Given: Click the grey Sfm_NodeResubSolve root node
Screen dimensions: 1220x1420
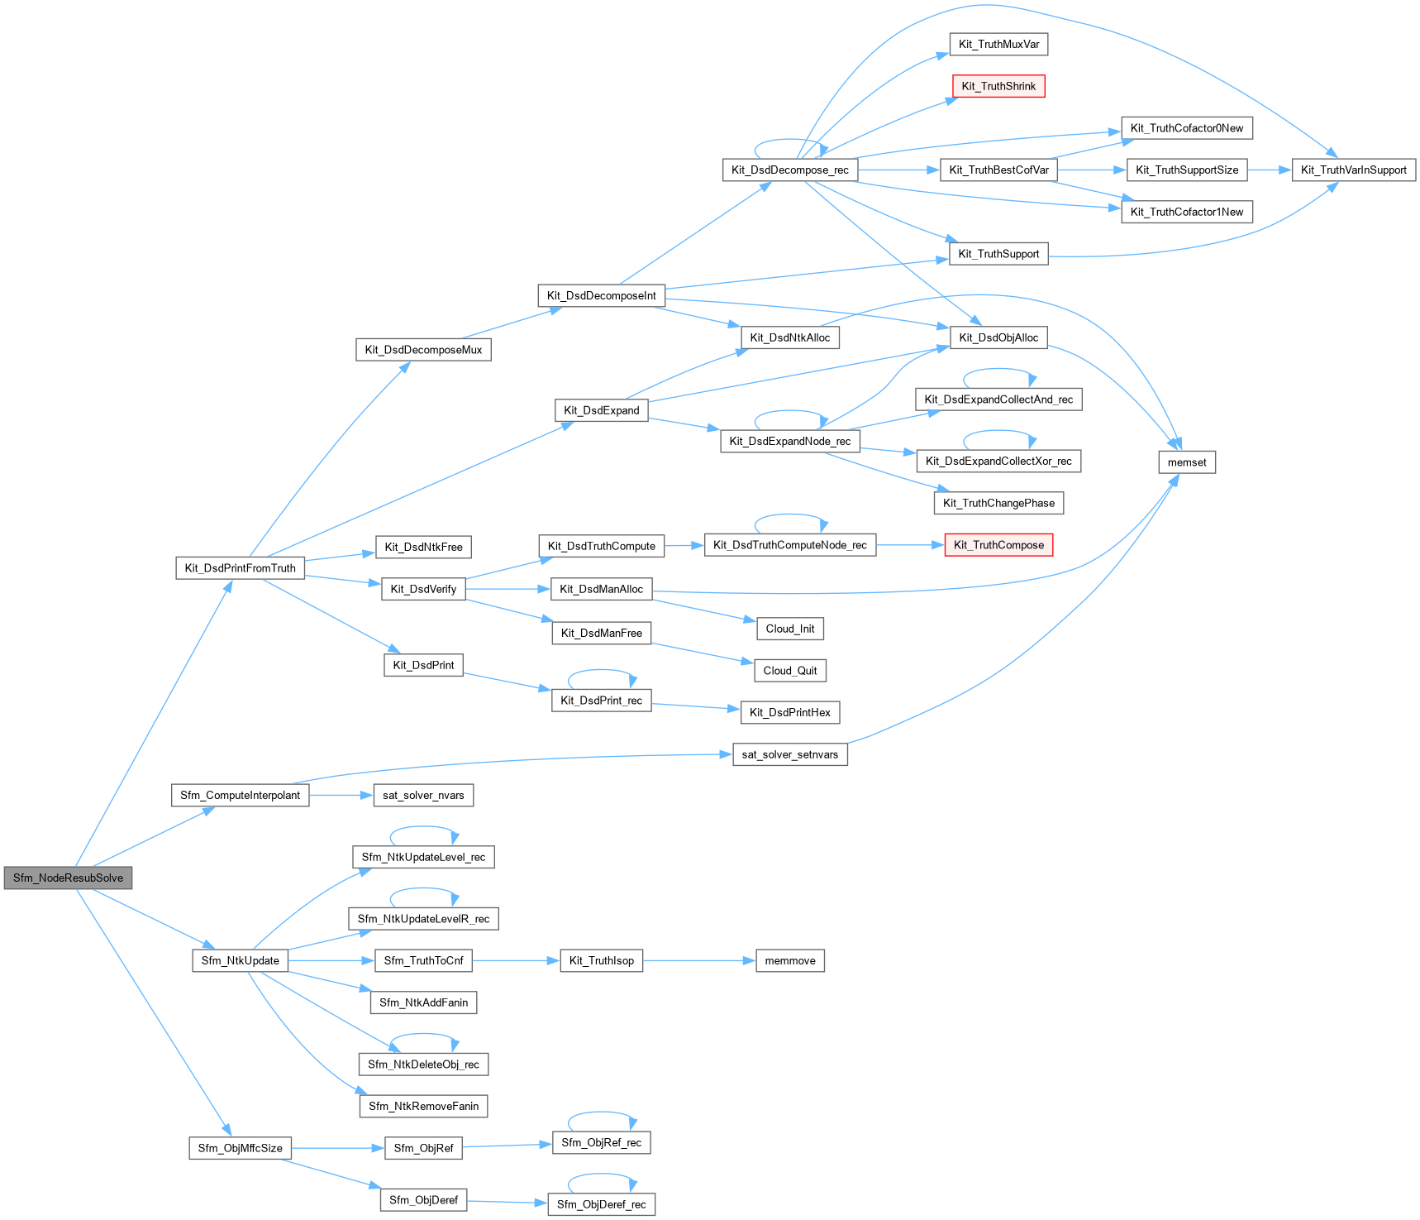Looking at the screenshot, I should click(68, 878).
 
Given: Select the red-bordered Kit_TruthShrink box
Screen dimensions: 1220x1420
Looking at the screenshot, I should click(998, 86).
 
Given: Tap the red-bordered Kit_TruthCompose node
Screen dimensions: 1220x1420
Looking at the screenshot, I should click(998, 545).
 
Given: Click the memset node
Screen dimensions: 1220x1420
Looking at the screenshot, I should click(1187, 462).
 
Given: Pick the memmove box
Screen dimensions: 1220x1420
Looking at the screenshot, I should click(790, 960).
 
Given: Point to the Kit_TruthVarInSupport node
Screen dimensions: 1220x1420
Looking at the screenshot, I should click(1353, 170).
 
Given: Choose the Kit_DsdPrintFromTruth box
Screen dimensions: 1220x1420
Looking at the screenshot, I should click(240, 568).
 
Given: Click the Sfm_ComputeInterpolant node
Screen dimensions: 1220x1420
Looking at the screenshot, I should click(240, 795).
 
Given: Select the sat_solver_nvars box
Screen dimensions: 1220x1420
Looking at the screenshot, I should click(423, 795).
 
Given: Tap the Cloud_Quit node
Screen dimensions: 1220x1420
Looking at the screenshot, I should click(790, 671).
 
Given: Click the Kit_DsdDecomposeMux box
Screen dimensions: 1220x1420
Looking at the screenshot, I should click(423, 350).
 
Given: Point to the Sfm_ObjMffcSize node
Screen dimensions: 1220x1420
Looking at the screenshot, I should click(240, 1148).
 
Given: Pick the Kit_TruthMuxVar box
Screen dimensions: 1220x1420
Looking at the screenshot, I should click(998, 44).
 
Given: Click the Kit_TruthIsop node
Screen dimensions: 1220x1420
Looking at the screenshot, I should click(602, 960).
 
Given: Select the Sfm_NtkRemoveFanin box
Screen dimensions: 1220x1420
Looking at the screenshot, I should click(423, 1106).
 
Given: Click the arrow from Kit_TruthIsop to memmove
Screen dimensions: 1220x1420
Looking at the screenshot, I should click(699, 960).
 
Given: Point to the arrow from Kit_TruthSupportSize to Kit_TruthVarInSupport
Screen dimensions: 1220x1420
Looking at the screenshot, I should click(1270, 170).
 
